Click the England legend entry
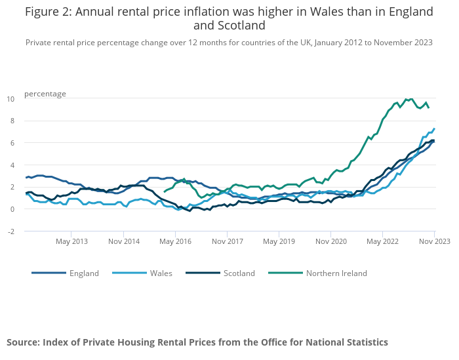coord(84,273)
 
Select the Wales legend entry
coord(161,273)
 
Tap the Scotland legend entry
coord(239,273)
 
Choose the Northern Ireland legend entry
coord(336,273)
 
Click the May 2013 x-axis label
coord(71,241)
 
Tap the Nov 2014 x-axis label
coord(123,241)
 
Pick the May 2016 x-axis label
coord(175,241)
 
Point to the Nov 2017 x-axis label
coord(226,241)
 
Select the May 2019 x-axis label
coord(278,241)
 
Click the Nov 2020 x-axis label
coord(330,241)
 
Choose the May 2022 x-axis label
coord(382,241)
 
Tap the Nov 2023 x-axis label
coord(434,241)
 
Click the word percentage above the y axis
coord(45,94)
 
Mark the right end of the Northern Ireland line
coord(429,108)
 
